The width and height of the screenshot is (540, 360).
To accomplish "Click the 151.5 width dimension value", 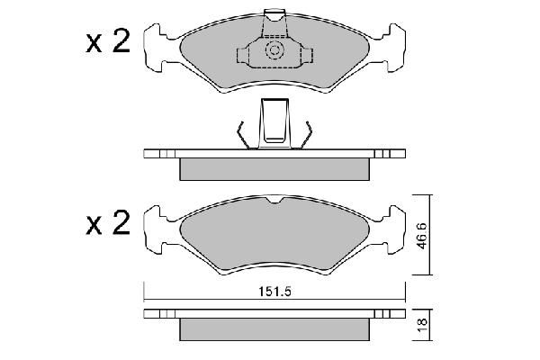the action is point(274,292).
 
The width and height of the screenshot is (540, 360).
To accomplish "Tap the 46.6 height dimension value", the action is point(422,236).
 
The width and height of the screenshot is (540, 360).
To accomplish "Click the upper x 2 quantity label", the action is point(108,41).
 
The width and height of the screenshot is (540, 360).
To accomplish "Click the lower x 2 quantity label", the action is point(108,223).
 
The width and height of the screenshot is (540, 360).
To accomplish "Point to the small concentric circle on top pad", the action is point(274,50).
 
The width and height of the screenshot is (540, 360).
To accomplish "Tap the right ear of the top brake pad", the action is point(394,48).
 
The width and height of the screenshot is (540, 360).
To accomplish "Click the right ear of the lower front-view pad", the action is point(394,229).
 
